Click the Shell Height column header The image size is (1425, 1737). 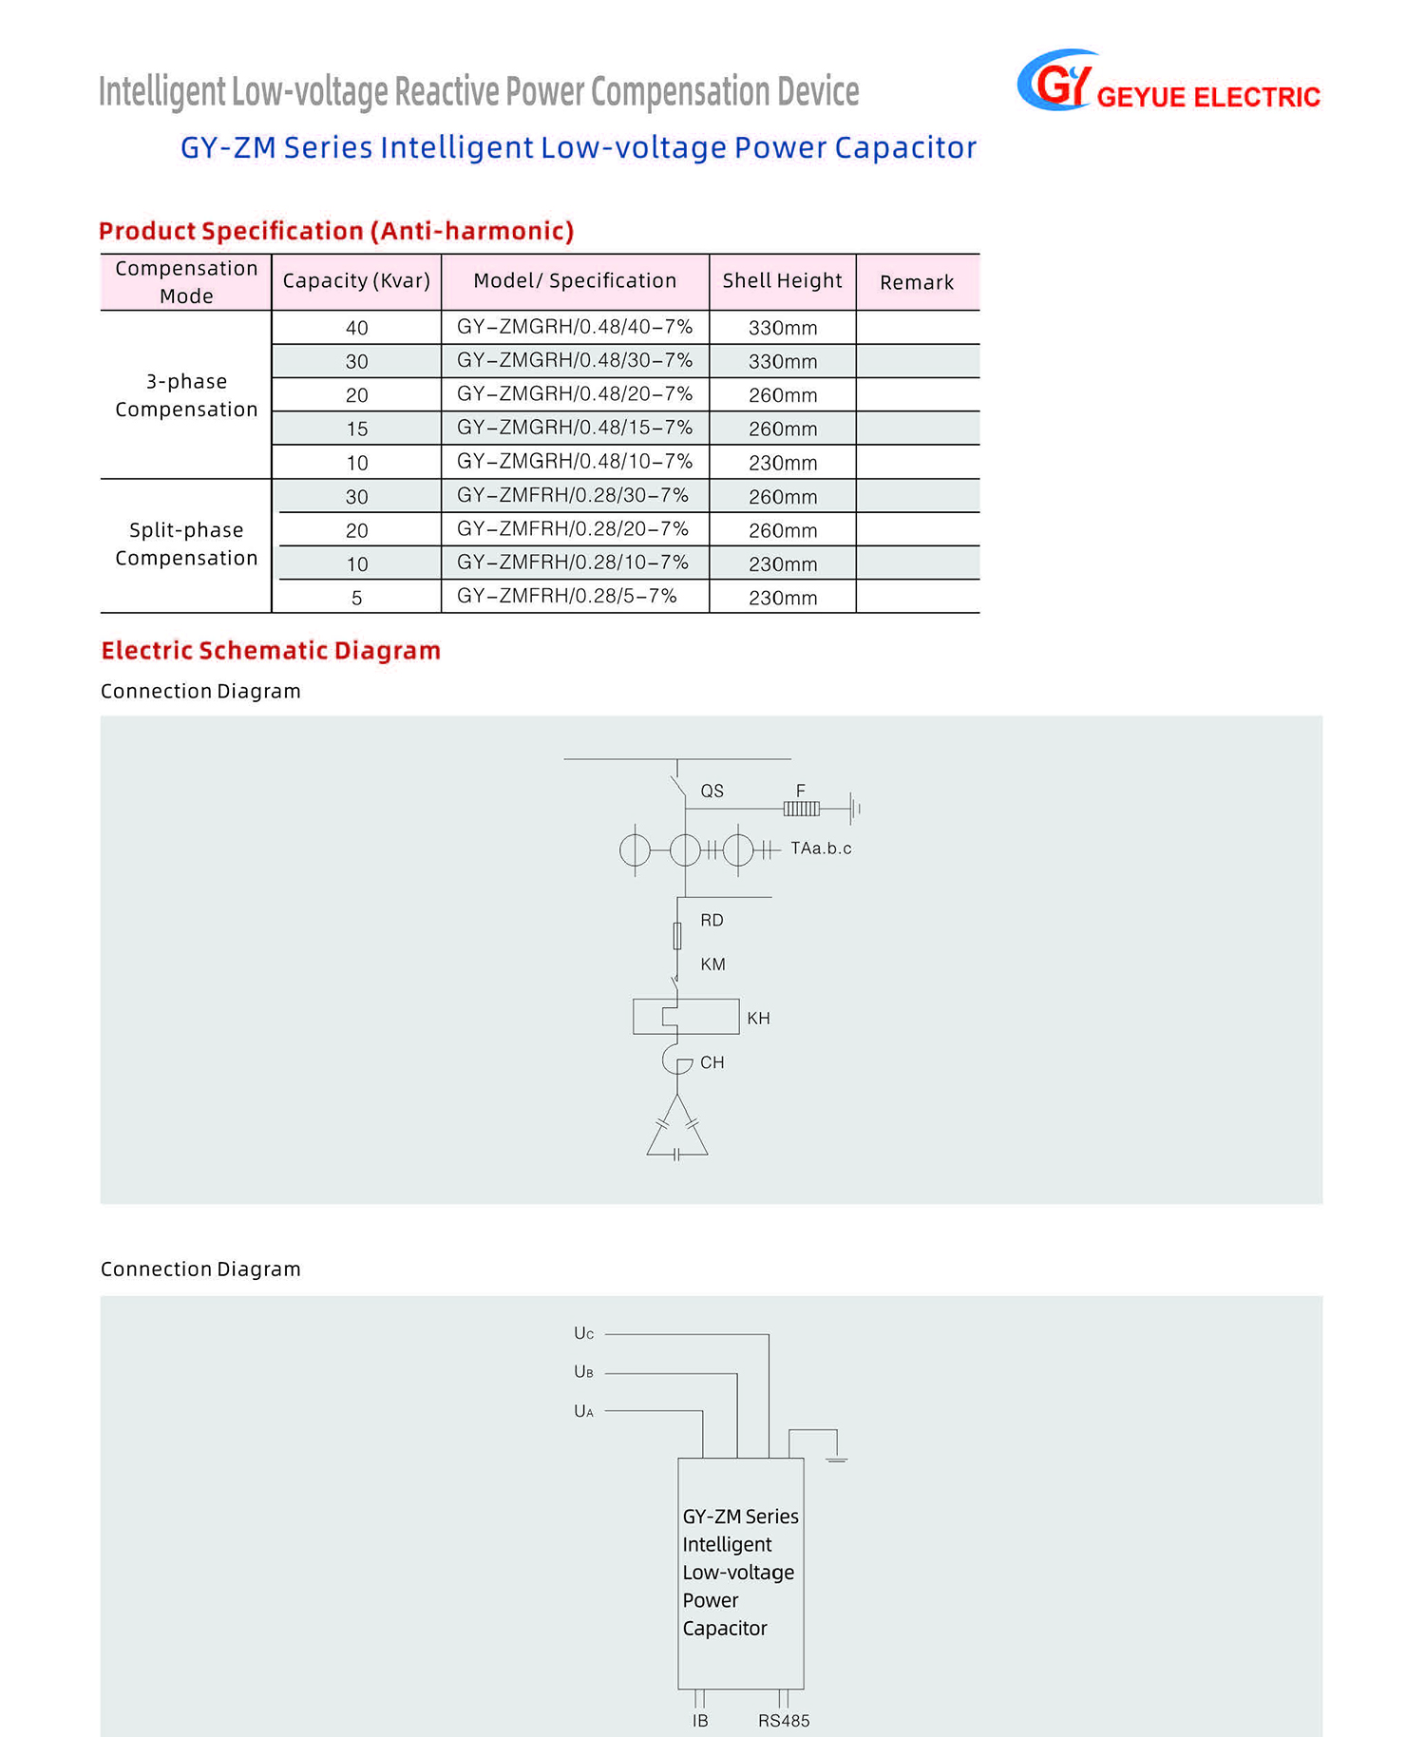[782, 281]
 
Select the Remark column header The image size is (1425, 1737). [916, 282]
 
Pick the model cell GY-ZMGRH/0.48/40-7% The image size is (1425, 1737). [575, 327]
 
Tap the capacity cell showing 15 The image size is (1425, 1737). [356, 429]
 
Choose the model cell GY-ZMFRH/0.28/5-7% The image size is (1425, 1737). [567, 597]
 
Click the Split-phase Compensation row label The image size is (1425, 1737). [186, 544]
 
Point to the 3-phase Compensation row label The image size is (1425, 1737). [186, 395]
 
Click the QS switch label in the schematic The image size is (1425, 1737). [712, 791]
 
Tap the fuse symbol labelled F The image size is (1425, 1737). [801, 809]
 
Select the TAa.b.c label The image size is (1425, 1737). [821, 849]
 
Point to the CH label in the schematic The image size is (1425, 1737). [712, 1062]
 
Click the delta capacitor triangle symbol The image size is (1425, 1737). [677, 1131]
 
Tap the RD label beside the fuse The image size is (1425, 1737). [712, 920]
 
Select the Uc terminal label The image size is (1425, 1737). [583, 1334]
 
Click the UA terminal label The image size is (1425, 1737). [583, 1412]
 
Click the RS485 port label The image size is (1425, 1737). [784, 1721]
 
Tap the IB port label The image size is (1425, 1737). [700, 1721]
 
